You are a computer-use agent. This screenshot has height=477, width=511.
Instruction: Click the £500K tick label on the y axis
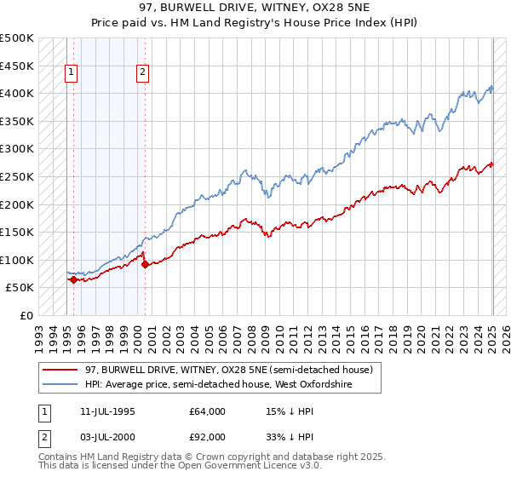point(17,38)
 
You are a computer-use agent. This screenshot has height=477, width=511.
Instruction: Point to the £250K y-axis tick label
point(17,176)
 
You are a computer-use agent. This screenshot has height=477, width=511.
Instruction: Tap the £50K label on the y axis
point(20,288)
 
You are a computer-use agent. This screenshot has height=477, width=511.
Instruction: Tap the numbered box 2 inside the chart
point(142,73)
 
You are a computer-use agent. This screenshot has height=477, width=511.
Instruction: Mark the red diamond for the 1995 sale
point(74,279)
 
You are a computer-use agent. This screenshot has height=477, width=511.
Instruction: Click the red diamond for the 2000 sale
point(145,264)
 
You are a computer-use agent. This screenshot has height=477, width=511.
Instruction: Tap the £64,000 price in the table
point(208,411)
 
